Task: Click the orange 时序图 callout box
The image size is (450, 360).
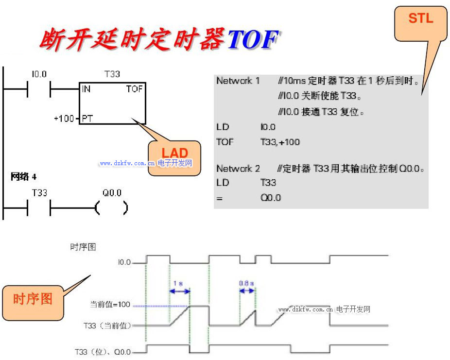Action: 33,299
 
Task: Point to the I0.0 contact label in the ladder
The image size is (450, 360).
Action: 39,74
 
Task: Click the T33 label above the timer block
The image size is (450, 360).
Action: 112,74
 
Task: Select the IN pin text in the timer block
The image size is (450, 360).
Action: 87,89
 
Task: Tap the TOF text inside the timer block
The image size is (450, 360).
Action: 134,89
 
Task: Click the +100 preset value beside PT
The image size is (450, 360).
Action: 64,118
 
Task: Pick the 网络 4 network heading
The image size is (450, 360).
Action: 23,176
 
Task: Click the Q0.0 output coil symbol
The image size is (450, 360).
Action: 112,208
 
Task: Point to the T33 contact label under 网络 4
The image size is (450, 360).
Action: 39,193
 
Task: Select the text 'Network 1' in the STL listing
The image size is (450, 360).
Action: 238,81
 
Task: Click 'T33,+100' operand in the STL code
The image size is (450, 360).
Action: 280,142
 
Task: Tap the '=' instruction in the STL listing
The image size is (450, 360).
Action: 219,198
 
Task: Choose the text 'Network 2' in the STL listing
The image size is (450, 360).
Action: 238,169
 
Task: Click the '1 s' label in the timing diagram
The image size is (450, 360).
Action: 178,283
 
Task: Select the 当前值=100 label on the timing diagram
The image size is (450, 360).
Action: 110,305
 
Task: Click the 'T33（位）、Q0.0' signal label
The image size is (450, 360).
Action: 103,351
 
